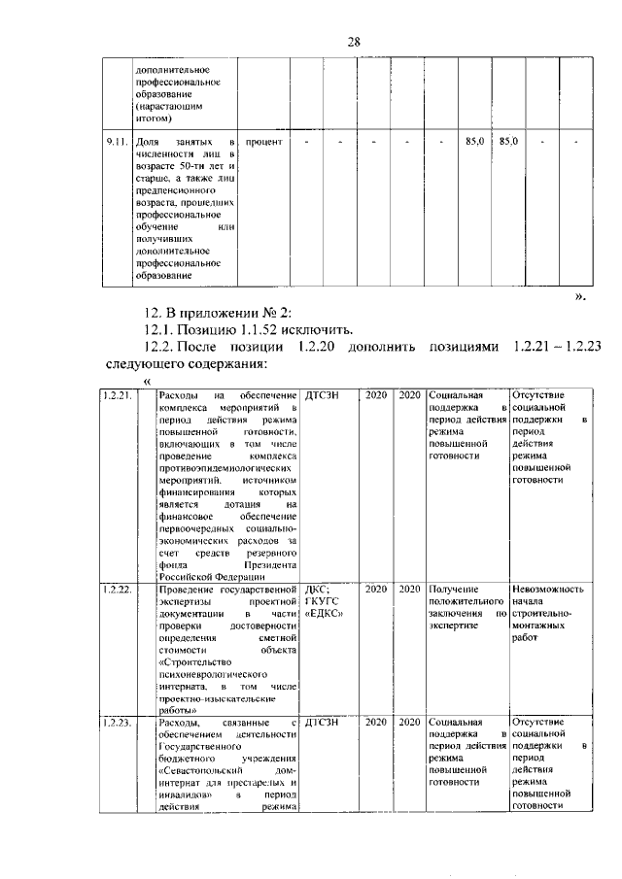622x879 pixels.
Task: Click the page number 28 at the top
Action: pyautogui.click(x=354, y=41)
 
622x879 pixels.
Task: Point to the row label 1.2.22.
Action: pyautogui.click(x=118, y=590)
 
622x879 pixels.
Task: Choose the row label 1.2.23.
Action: pyautogui.click(x=118, y=724)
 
